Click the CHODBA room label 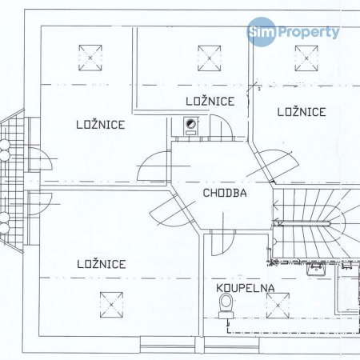[225, 193]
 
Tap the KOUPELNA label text [246, 288]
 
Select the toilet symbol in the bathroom [226, 306]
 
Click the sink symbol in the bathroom [316, 269]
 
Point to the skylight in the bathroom [278, 306]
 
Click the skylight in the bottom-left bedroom [111, 305]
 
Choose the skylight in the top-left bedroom [90, 58]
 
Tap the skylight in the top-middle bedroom [210, 58]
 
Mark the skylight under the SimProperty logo [306, 58]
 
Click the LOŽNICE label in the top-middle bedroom [210, 102]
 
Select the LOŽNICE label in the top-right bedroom [302, 112]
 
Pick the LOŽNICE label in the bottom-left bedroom [102, 264]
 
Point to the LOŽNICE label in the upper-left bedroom [101, 125]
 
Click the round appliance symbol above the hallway [190, 123]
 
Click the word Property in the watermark [309, 33]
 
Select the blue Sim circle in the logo [262, 31]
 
